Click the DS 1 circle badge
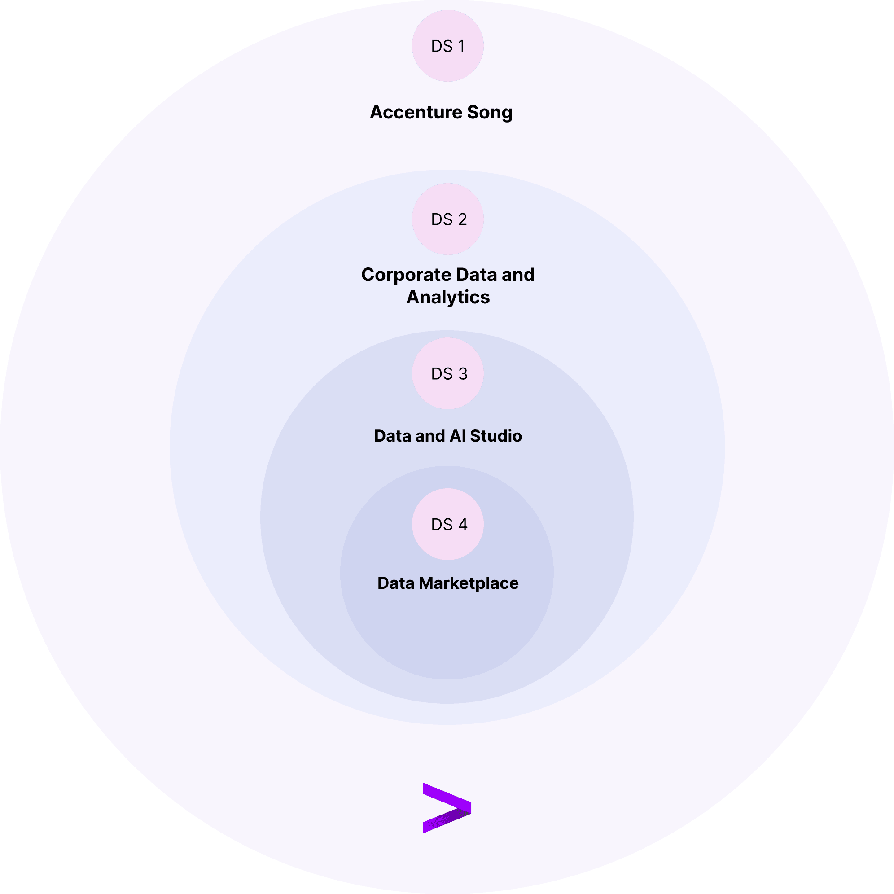point(447,46)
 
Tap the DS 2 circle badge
point(447,219)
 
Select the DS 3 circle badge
point(447,373)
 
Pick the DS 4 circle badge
point(447,524)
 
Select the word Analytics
point(447,298)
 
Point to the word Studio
point(495,436)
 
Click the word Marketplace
point(468,583)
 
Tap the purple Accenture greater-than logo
point(447,808)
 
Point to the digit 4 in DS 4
point(462,524)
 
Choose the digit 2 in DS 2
point(462,219)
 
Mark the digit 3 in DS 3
point(462,373)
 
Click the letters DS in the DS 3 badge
point(442,373)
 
